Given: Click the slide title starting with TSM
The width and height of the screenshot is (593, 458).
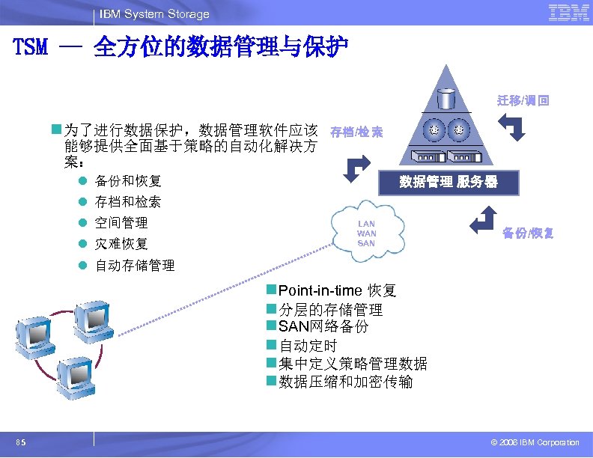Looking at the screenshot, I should [x=180, y=49].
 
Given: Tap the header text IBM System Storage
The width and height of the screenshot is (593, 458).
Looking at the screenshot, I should [x=154, y=14].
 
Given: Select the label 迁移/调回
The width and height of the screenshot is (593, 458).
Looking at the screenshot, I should [x=523, y=100].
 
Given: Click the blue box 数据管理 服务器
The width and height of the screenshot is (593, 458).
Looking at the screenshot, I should [x=448, y=181].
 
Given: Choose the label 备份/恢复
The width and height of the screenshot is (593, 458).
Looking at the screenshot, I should [x=528, y=233].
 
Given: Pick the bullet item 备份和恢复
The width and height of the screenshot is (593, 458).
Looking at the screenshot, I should [x=128, y=181].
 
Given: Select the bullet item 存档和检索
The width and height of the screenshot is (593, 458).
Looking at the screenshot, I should [x=128, y=202].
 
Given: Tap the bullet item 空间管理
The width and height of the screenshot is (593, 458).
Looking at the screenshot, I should [x=121, y=223].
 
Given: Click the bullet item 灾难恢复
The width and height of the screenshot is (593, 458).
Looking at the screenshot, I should [x=121, y=244].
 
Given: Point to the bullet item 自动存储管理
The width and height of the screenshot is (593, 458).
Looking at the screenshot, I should [x=135, y=265].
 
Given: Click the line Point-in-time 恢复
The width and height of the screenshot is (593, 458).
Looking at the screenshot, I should [x=337, y=291].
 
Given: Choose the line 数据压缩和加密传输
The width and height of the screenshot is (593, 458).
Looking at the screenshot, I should [x=345, y=382].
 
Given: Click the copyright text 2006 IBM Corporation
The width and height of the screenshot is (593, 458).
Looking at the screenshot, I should [x=534, y=442].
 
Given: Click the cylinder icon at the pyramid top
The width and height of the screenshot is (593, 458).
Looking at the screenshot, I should [x=447, y=98].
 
